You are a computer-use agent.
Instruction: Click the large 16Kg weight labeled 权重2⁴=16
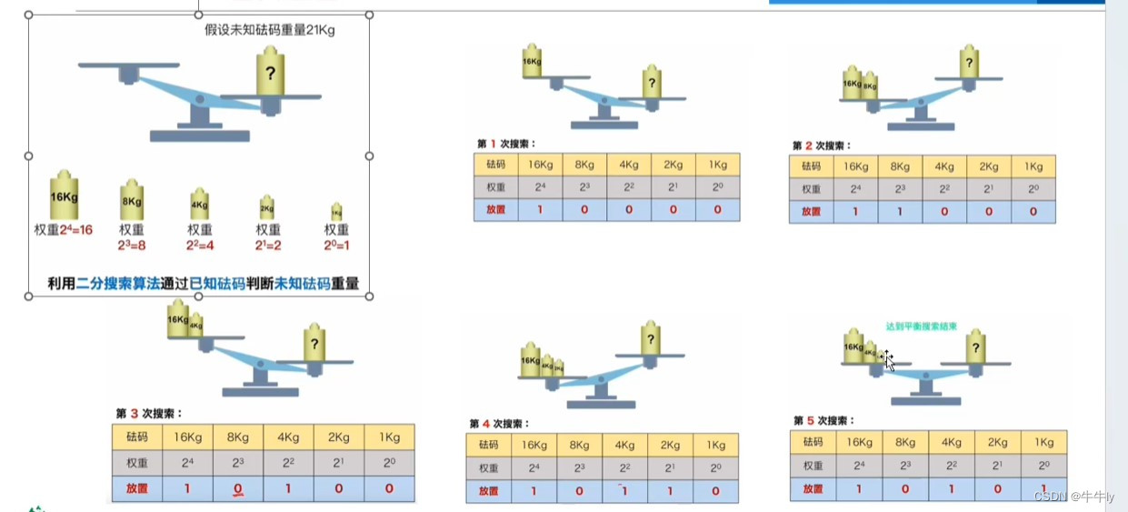click(63, 194)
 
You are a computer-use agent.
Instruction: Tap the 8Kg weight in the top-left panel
click(132, 199)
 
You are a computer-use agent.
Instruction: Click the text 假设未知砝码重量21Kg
click(270, 30)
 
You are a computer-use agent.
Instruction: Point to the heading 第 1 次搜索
click(506, 144)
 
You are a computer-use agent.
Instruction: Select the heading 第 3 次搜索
click(149, 413)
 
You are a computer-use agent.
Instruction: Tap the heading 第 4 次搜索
click(499, 423)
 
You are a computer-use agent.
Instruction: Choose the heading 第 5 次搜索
click(823, 420)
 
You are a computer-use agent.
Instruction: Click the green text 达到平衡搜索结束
click(921, 326)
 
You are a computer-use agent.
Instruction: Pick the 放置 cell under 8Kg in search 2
click(900, 212)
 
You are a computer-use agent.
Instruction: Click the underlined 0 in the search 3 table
click(238, 489)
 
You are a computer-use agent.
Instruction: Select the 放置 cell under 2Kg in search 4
click(670, 491)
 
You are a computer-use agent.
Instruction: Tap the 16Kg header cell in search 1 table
click(541, 165)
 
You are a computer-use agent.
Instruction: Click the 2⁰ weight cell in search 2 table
click(1033, 189)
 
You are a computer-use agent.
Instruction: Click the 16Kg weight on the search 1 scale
click(533, 63)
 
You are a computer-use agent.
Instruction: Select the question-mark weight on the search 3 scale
click(314, 343)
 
